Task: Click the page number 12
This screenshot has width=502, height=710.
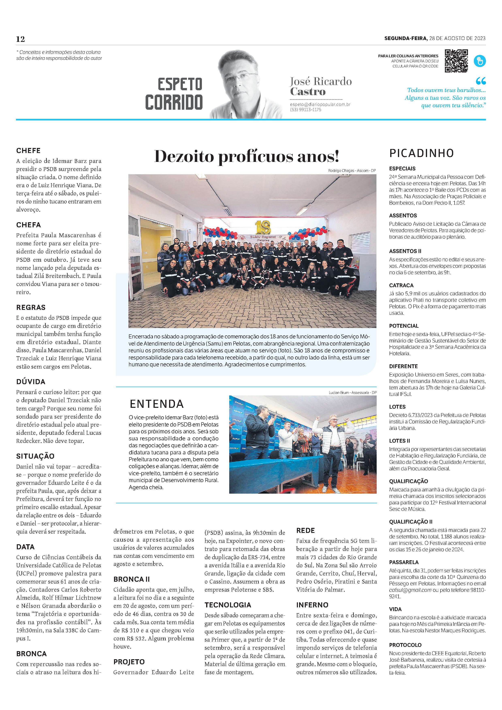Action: (20, 39)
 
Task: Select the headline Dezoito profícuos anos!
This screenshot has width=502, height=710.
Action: (246, 156)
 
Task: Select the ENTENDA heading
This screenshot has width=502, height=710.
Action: (157, 404)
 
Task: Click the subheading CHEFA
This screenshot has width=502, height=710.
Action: (29, 225)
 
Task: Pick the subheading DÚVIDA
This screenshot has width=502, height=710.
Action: (31, 382)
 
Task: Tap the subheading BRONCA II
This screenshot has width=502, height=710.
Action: (131, 579)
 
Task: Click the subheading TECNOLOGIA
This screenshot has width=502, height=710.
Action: (228, 605)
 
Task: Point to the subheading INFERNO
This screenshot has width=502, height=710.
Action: (312, 605)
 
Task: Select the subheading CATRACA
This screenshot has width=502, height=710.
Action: (401, 285)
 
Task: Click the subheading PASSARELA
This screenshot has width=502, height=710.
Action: (404, 562)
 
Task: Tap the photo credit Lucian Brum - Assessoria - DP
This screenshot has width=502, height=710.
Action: (352, 392)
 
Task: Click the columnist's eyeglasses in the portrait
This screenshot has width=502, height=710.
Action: (244, 76)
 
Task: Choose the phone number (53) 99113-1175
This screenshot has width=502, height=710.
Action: (306, 110)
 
